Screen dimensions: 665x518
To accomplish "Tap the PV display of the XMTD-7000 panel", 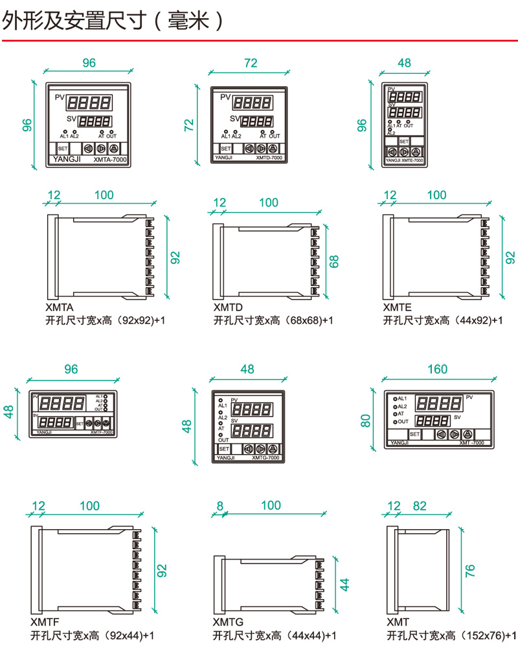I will pyautogui.click(x=252, y=102).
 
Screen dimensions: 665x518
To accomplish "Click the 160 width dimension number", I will pyautogui.click(x=438, y=369).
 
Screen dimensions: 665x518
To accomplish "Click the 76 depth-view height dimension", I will pyautogui.click(x=471, y=570).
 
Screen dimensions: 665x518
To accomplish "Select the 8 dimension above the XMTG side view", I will pyautogui.click(x=220, y=506).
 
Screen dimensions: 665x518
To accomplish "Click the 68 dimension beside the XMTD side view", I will pyautogui.click(x=334, y=261).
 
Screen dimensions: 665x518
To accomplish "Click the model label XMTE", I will pyautogui.click(x=397, y=308).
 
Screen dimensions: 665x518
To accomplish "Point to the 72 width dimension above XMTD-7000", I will pyautogui.click(x=251, y=63).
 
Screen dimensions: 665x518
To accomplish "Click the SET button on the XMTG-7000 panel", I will pyautogui.click(x=223, y=448).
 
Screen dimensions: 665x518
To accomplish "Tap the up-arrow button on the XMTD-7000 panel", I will pyautogui.click(x=274, y=148).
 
